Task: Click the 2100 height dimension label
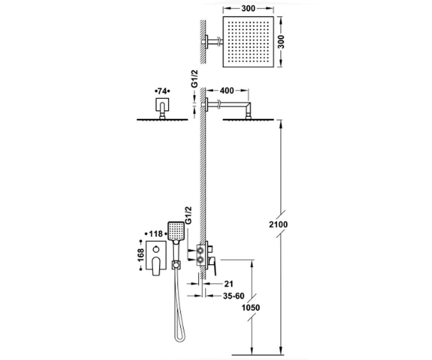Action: click(278, 225)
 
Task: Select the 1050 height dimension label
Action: click(251, 308)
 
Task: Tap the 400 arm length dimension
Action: click(227, 91)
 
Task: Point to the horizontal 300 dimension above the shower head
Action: click(248, 8)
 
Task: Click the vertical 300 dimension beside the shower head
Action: click(281, 42)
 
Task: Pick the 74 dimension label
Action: click(162, 91)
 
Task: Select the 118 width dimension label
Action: click(156, 234)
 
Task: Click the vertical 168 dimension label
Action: click(141, 255)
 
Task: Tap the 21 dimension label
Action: click(229, 284)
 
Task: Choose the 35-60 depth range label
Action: click(234, 296)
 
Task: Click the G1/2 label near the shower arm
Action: click(194, 79)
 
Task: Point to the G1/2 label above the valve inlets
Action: click(189, 215)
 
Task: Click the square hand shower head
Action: click(176, 231)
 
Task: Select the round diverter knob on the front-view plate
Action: click(156, 249)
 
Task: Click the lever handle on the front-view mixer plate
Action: click(156, 266)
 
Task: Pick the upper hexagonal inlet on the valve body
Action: click(200, 251)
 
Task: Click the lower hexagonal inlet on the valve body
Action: click(200, 260)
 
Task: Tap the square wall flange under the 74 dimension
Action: click(162, 104)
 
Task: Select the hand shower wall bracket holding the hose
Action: click(176, 265)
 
